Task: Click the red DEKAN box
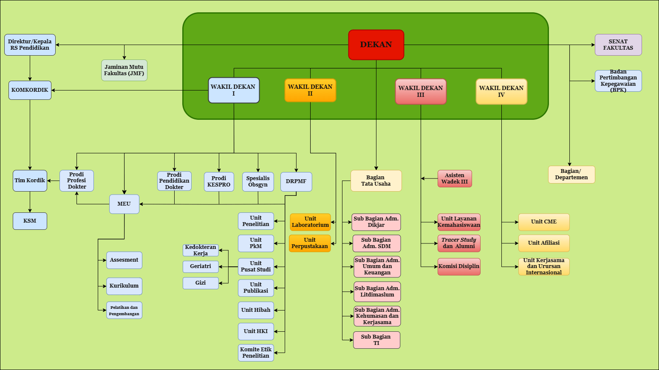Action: [376, 45]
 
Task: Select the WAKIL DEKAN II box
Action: [310, 90]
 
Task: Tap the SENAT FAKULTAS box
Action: [618, 45]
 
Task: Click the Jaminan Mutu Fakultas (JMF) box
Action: [124, 70]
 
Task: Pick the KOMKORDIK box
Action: [30, 90]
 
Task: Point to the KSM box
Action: [30, 221]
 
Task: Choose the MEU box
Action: [124, 204]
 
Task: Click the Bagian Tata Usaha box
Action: [376, 181]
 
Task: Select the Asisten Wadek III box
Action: [455, 178]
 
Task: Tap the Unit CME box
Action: [544, 222]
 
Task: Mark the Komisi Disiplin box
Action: [458, 267]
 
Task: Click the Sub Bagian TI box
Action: [376, 340]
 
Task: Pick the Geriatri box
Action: [201, 266]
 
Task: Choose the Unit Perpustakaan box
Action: [310, 243]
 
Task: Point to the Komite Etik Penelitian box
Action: [256, 353]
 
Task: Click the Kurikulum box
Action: [124, 286]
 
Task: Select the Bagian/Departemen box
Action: [571, 175]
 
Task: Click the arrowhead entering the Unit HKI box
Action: [276, 331]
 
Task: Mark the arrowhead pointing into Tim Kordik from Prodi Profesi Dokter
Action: [49, 181]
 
